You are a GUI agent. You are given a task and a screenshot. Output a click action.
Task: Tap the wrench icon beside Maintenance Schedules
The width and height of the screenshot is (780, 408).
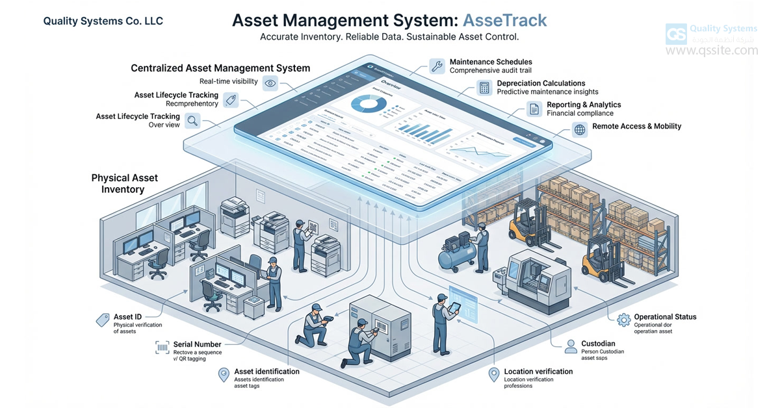click(437, 66)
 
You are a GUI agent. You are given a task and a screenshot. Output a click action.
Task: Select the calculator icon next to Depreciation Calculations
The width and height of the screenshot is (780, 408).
click(484, 88)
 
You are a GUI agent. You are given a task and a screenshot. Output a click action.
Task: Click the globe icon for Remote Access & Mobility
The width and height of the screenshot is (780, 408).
click(579, 129)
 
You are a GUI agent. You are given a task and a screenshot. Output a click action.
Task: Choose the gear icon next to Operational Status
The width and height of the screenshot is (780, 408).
click(623, 319)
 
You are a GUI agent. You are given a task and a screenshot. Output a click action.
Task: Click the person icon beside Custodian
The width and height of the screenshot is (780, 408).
click(571, 346)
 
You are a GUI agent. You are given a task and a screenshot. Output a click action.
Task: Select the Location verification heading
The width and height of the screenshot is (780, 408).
click(538, 372)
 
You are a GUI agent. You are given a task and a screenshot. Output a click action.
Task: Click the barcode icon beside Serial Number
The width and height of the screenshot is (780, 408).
click(162, 348)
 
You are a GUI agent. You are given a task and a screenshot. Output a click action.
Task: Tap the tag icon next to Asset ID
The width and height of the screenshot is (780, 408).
click(103, 319)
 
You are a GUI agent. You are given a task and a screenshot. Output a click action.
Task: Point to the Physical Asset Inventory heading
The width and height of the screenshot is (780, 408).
click(124, 183)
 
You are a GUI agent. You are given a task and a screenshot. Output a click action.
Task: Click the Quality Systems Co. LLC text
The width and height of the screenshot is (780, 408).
click(103, 21)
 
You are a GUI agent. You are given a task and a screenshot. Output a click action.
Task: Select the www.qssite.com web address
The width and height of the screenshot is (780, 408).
click(712, 51)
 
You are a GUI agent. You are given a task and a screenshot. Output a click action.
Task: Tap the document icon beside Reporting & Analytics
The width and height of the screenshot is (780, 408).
click(534, 108)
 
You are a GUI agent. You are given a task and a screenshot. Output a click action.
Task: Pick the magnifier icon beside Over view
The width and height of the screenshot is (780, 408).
click(192, 120)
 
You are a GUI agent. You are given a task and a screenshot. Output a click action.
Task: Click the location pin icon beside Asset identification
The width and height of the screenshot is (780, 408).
click(224, 375)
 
